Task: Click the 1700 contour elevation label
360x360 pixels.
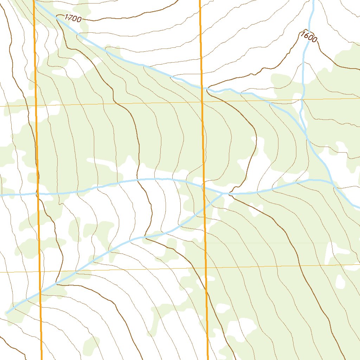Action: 73,19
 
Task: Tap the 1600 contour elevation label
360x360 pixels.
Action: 309,37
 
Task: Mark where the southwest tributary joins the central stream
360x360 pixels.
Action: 224,193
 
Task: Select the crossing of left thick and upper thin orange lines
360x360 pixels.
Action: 36,105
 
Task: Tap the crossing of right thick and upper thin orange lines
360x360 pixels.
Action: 202,102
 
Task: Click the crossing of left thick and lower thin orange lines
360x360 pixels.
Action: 40,272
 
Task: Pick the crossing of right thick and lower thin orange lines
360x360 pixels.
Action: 206,268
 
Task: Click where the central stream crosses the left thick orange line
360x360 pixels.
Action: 37,193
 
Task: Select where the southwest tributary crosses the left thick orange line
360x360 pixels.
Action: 40,292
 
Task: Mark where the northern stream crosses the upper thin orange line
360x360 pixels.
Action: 302,99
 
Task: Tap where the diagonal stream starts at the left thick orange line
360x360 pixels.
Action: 34,1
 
